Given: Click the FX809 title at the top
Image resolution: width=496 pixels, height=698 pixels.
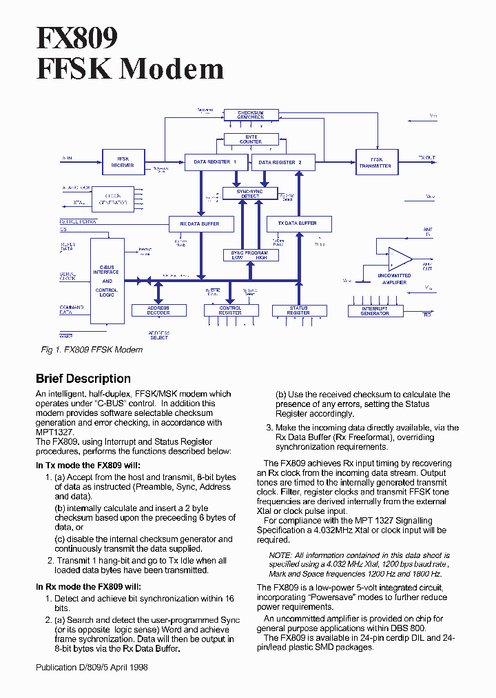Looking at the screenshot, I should pos(77,37).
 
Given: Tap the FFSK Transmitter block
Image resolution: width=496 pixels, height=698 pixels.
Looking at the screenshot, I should pos(375,162).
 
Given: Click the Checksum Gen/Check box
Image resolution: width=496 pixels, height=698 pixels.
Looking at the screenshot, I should pos(251,114).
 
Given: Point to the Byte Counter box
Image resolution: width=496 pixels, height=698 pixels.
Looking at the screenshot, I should pos(251,139).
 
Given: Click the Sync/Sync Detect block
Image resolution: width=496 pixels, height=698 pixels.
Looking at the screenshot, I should pos(250,193).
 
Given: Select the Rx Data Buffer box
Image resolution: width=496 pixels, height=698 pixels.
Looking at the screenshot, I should pos(199,223).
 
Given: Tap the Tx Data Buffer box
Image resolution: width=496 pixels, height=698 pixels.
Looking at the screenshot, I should pos(298,223).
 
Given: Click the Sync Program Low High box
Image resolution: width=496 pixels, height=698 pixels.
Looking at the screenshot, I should pos(249,255).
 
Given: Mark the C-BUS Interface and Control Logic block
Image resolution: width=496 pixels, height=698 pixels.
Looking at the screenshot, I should pos(107,281).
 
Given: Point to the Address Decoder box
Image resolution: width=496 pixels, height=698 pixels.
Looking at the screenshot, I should pos(158,311).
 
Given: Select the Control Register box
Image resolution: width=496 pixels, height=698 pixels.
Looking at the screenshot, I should pos(231,311).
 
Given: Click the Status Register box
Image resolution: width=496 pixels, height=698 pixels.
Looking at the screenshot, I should pos(298,311).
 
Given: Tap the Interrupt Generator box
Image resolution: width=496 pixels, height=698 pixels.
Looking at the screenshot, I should pos(375,311).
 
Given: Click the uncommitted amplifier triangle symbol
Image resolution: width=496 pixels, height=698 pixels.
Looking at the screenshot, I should pos(398,259).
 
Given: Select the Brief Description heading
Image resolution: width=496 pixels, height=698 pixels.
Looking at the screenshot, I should pos(83,379).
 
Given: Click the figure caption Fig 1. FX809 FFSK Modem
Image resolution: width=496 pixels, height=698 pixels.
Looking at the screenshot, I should pos(92,350).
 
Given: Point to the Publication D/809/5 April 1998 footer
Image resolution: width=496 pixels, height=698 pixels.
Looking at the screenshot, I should pos(92,668).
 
